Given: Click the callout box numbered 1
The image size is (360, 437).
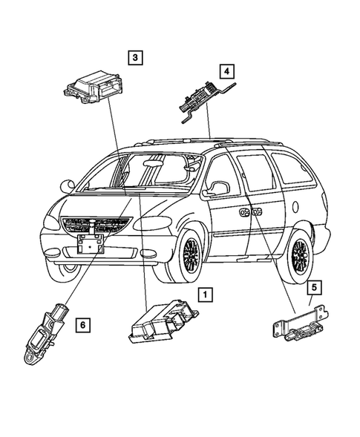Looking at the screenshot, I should point(203,294).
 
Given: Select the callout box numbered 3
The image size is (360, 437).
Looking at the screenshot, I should point(134,56).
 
